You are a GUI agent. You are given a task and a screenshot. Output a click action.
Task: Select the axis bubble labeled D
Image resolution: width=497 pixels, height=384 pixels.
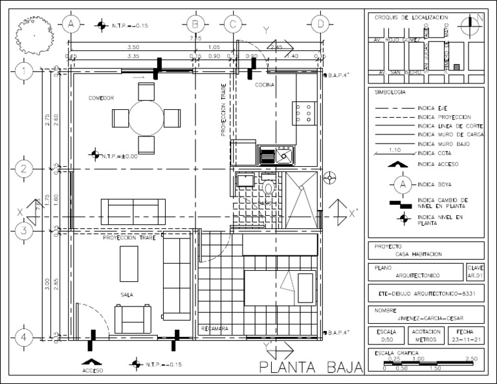pyautogui.click(x=320, y=25)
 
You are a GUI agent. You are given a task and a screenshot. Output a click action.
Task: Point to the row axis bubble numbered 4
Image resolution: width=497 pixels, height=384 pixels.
pyautogui.click(x=24, y=337)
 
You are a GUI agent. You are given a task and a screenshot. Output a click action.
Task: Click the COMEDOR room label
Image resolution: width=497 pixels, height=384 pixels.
pyautogui.click(x=102, y=98)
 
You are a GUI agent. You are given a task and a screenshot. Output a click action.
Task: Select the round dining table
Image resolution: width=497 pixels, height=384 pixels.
pyautogui.click(x=146, y=118)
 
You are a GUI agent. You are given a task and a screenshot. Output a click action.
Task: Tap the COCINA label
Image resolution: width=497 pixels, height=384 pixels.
pyautogui.click(x=265, y=85)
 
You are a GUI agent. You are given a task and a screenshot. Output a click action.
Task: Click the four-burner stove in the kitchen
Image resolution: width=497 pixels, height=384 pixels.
pyautogui.click(x=304, y=112)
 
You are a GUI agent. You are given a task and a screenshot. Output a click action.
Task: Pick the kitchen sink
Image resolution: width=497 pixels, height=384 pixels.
pyautogui.click(x=276, y=155)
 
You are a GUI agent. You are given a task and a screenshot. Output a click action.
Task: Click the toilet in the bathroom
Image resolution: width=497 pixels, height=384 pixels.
pyautogui.click(x=269, y=187)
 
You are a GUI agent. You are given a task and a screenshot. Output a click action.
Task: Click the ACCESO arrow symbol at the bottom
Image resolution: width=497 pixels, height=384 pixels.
pyautogui.click(x=93, y=363)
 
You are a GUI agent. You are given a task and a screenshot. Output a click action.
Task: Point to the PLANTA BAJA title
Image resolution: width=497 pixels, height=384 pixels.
pyautogui.click(x=310, y=368)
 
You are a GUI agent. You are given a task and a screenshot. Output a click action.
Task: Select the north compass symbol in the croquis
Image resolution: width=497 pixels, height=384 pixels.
pyautogui.click(x=469, y=25)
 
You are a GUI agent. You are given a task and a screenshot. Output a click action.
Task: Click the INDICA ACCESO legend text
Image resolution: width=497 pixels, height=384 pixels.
pyautogui.click(x=438, y=164)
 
